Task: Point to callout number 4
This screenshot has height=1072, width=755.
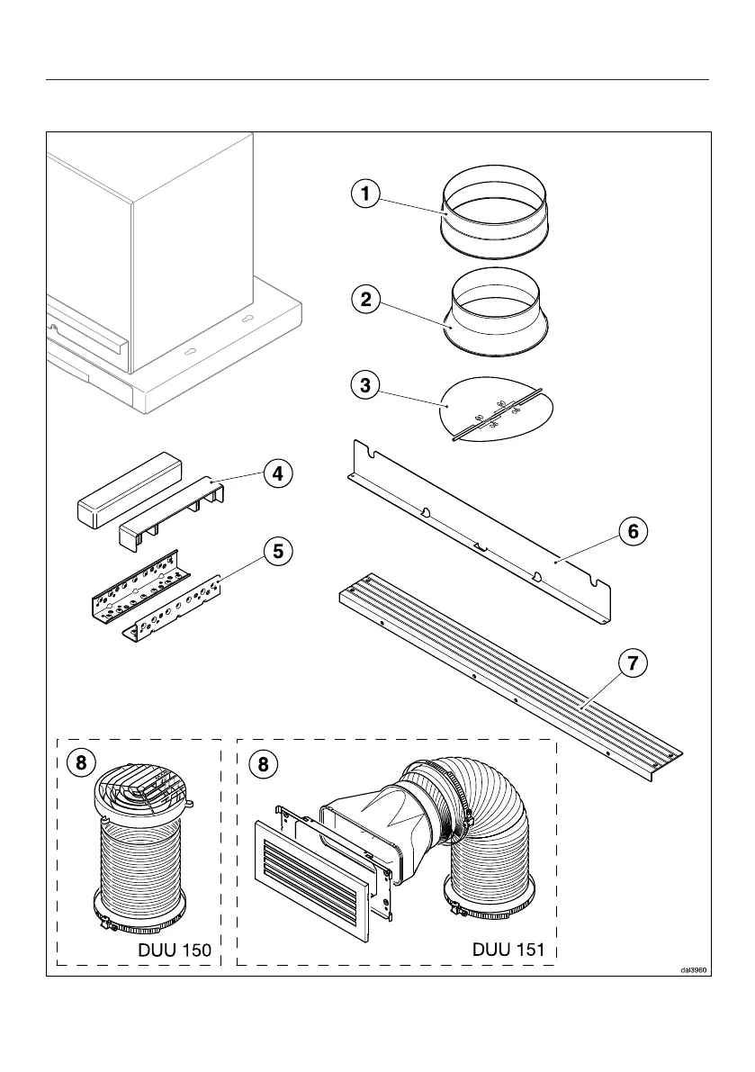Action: click(279, 473)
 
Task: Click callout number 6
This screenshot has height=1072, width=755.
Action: click(633, 531)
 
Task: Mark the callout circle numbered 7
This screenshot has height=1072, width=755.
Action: click(633, 665)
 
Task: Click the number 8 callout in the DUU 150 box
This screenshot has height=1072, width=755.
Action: click(81, 763)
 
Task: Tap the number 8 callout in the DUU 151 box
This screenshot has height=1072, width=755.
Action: click(262, 763)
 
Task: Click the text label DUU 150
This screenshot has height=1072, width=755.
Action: click(175, 950)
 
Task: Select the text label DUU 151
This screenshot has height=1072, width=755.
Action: click(508, 950)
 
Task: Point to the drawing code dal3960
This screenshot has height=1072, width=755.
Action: click(695, 970)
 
